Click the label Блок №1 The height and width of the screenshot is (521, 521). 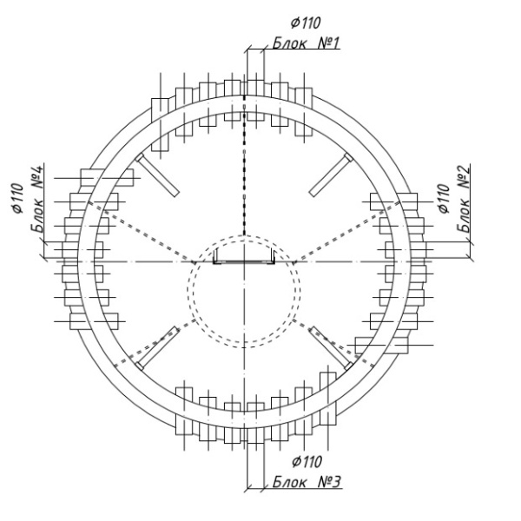click(x=306, y=43)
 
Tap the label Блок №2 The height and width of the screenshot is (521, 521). click(x=463, y=199)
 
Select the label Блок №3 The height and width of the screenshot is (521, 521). click(x=307, y=482)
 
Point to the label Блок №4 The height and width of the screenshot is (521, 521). click(x=37, y=199)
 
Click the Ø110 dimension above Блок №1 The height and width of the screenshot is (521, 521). click(x=306, y=23)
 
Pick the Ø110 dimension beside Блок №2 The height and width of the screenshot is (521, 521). click(x=444, y=198)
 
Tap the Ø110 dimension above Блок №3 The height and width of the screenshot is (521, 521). click(x=307, y=462)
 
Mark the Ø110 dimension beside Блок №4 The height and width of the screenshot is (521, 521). click(x=18, y=198)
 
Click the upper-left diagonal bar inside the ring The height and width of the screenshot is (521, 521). click(x=157, y=175)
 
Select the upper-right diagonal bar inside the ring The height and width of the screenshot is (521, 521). click(x=331, y=175)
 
